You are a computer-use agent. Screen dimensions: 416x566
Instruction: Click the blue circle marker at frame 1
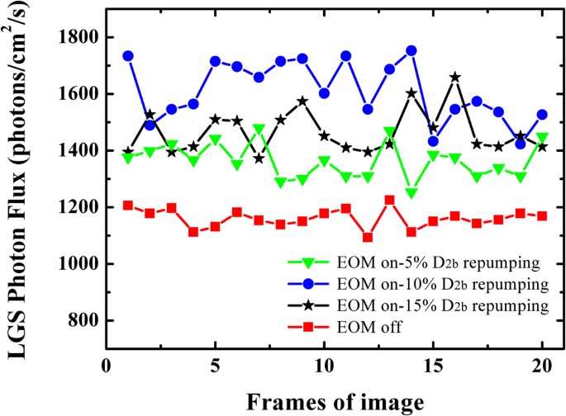(128, 56)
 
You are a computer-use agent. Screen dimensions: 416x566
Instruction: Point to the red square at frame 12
(368, 238)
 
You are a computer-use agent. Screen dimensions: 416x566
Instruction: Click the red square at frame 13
(390, 200)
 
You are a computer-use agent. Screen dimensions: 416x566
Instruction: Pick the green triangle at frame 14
(411, 193)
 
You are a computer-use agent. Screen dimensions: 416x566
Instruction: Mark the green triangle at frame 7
(259, 130)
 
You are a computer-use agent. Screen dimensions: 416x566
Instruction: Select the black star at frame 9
(302, 102)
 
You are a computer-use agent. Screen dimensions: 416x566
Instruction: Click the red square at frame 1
(128, 205)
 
